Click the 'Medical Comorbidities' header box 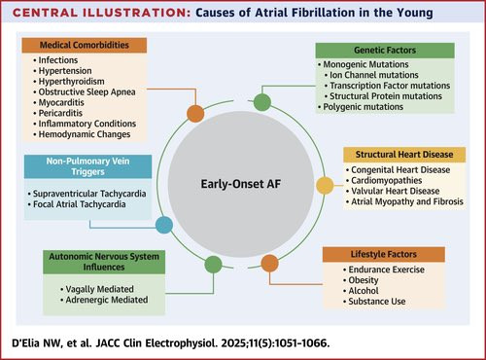pos(85,45)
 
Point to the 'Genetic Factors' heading pos(385,51)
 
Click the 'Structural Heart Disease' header pos(404,155)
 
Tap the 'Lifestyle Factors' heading pos(384,254)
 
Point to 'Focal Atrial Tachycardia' pos(80,204)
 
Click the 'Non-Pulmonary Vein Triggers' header pos(87,166)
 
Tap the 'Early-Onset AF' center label pos(241,184)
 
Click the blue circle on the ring pos(164,225)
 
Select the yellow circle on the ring pos(325,186)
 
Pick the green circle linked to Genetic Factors pos(262,102)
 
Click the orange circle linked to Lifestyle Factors pos(269,263)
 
